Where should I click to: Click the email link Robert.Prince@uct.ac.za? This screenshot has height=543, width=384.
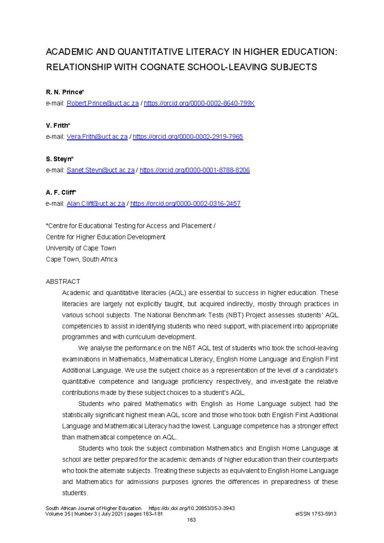click(102, 103)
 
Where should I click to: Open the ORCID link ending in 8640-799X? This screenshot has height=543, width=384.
click(199, 103)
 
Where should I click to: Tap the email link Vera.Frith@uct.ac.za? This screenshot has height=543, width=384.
click(97, 137)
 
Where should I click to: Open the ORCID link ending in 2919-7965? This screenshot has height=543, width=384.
click(188, 137)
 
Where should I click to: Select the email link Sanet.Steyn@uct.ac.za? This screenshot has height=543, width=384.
click(100, 170)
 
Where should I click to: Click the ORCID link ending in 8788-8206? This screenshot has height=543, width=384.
click(195, 170)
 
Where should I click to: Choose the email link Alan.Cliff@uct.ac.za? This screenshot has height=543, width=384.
click(96, 204)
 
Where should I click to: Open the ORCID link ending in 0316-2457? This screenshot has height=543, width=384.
click(185, 204)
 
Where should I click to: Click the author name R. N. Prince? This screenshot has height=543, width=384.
click(64, 92)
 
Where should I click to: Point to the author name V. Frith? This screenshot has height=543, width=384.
click(58, 126)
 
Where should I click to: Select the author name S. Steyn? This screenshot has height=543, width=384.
click(59, 159)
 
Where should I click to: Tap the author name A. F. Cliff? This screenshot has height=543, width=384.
click(60, 192)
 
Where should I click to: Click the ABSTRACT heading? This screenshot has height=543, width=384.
click(63, 282)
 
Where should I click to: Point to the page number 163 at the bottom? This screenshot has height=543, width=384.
click(191, 520)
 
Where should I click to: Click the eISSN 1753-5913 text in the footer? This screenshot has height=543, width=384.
click(316, 514)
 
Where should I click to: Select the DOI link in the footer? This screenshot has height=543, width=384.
click(192, 508)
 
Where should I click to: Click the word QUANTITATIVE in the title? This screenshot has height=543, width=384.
click(151, 52)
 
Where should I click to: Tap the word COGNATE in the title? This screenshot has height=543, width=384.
click(162, 67)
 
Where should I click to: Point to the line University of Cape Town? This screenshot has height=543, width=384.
click(81, 248)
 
